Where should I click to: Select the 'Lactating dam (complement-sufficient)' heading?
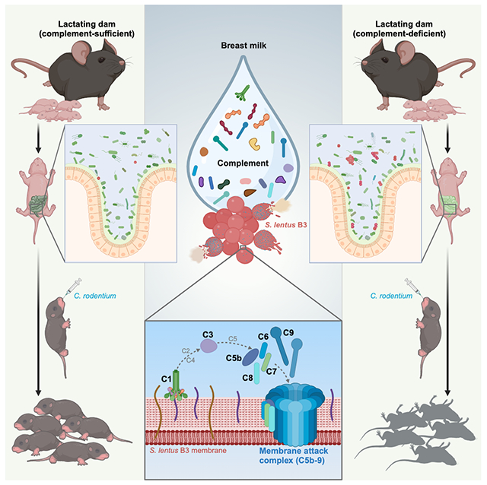[72, 22]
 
